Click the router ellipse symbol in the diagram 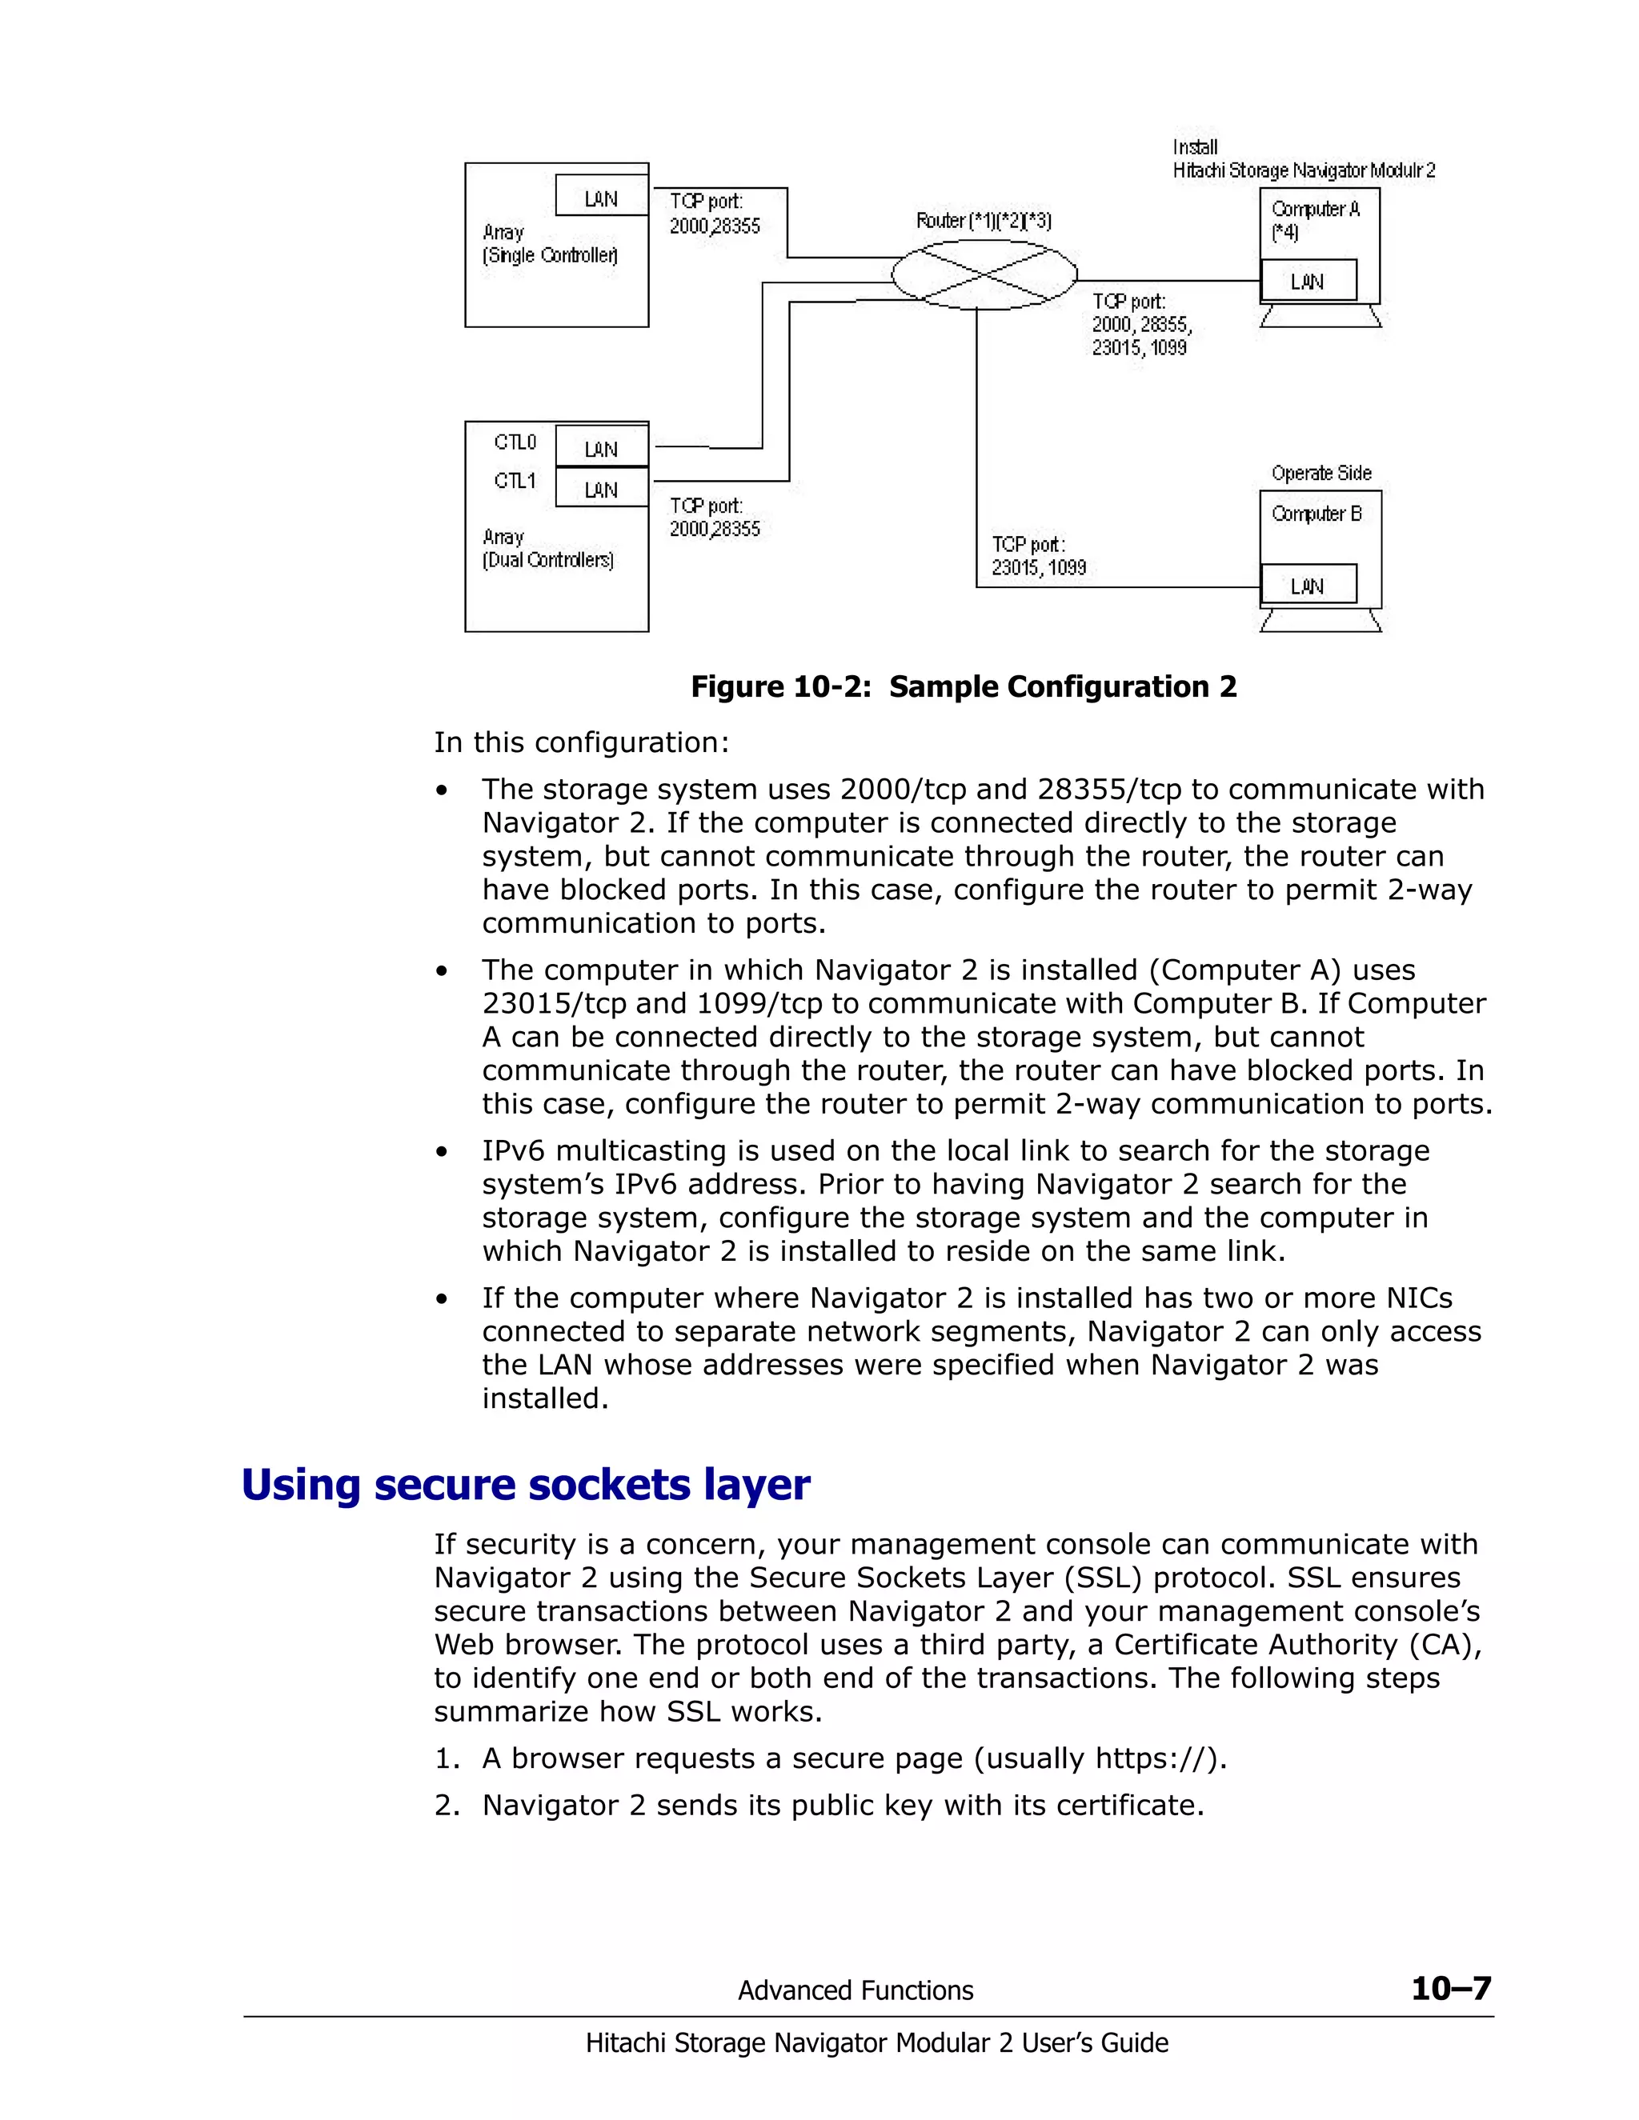coord(984,274)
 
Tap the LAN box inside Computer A coord(1307,282)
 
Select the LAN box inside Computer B coord(1307,586)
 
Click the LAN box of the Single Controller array coord(601,198)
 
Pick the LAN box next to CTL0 coord(601,449)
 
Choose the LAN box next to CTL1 coord(601,490)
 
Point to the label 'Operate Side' coord(1320,473)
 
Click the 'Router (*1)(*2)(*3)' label coord(984,220)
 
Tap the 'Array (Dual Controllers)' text coord(547,549)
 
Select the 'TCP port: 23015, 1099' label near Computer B coord(1038,556)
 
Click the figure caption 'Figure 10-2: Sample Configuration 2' coord(964,686)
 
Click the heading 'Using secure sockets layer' coord(525,1484)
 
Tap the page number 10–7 coord(1451,1988)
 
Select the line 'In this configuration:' coord(581,742)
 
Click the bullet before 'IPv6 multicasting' coord(442,1152)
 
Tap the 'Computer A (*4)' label coord(1315,220)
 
